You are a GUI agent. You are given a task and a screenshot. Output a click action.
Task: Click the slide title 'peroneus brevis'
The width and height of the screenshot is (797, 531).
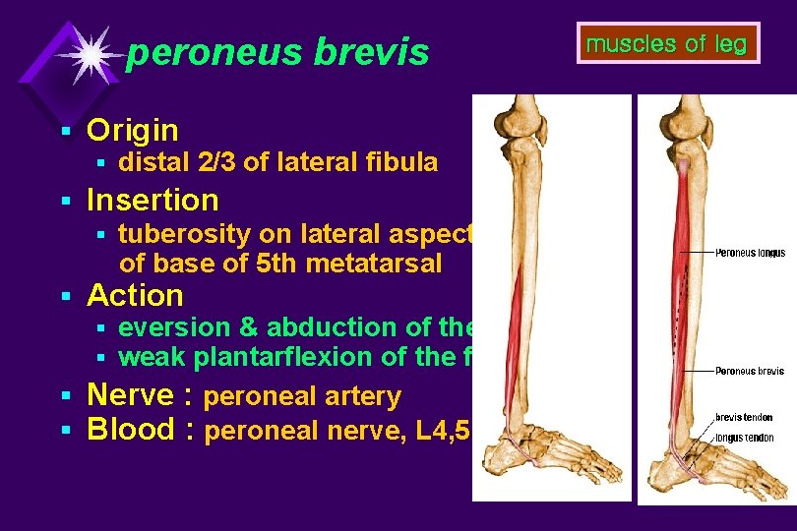[x=277, y=53]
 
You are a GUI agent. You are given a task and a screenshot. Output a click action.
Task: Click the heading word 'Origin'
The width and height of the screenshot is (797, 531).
[x=132, y=130]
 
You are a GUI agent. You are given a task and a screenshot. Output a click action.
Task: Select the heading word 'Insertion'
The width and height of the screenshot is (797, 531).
[x=153, y=201]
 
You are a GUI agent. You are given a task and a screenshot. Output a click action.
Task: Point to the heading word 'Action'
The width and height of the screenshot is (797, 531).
[x=135, y=295]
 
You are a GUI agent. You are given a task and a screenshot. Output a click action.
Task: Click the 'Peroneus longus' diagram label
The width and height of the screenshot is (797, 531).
[x=750, y=253]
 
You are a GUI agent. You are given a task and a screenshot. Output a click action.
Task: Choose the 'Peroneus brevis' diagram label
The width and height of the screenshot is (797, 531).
[x=750, y=371]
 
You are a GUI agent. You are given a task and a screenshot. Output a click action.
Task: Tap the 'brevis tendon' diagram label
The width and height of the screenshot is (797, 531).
[x=744, y=418]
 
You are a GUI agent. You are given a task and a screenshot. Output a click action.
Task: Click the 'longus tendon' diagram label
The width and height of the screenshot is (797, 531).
[x=744, y=438]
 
